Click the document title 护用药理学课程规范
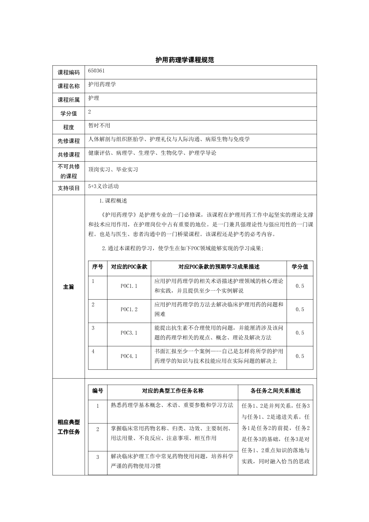click(x=185, y=60)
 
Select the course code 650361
click(x=96, y=71)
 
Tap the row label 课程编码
click(x=68, y=73)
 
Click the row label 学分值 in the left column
click(x=68, y=113)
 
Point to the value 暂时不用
click(x=99, y=125)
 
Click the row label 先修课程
click(x=68, y=141)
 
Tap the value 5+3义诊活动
click(x=104, y=186)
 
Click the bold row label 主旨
click(x=68, y=287)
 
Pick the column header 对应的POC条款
click(x=129, y=267)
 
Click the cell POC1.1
click(x=129, y=286)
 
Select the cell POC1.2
click(x=129, y=310)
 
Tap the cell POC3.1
click(x=129, y=333)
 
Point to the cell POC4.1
click(x=129, y=356)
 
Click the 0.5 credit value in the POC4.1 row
click(x=300, y=356)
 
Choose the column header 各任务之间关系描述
click(x=275, y=391)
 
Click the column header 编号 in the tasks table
click(x=98, y=391)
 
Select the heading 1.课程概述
click(x=113, y=201)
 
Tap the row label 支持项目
click(x=68, y=188)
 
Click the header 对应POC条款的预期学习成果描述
click(x=219, y=267)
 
